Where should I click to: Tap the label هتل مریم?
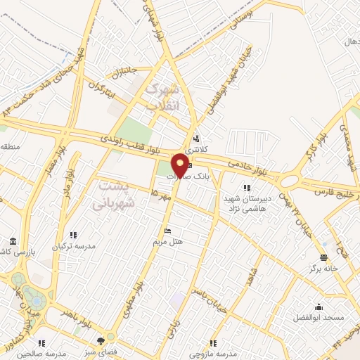point(168,241)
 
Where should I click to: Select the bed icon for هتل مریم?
point(167,231)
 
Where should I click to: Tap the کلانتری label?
point(198,148)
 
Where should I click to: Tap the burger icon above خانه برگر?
point(323,257)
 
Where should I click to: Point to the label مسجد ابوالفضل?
point(321,318)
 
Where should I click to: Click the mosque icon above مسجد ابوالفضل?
point(319,307)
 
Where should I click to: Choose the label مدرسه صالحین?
point(42,353)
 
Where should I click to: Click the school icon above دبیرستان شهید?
point(246,188)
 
